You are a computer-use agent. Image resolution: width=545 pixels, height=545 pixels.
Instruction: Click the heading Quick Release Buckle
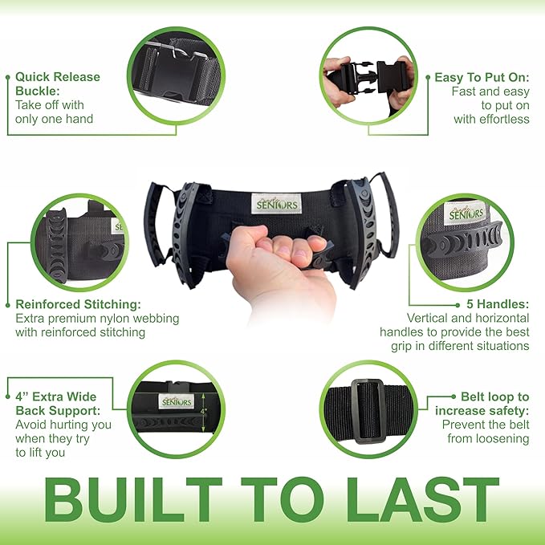(58, 84)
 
